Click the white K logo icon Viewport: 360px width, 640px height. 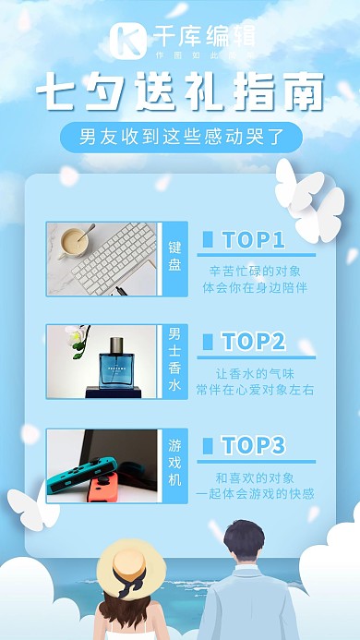126,39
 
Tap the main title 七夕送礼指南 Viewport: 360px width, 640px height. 180,94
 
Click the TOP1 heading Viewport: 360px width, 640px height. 253,240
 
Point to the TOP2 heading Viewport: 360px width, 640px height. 253,342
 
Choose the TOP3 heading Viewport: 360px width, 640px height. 253,445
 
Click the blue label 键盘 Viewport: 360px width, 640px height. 175,258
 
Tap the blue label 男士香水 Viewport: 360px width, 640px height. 175,360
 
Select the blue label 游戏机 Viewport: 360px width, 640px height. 175,463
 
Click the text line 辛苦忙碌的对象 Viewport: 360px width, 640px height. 255,272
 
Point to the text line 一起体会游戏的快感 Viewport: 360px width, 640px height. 255,494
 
